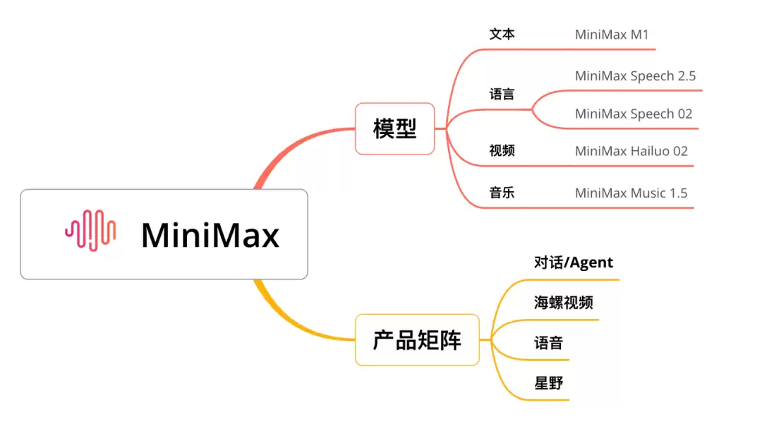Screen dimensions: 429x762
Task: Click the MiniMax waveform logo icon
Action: point(90,231)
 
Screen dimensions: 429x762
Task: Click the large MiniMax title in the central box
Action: point(210,235)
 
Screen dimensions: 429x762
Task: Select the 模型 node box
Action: point(394,128)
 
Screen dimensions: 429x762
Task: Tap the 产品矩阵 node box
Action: point(417,340)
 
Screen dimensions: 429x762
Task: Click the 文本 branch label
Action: point(502,34)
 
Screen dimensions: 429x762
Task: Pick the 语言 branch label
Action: point(502,94)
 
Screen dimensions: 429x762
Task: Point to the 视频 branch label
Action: point(502,150)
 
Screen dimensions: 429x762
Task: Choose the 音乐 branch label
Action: point(502,193)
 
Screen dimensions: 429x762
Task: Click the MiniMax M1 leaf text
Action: point(611,34)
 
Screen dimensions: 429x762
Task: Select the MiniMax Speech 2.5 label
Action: point(635,76)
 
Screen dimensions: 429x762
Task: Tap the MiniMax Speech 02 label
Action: point(634,114)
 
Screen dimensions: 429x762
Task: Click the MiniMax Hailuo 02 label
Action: point(631,151)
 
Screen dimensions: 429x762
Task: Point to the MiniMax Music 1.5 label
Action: point(631,193)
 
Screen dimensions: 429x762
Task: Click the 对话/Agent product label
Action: point(573,263)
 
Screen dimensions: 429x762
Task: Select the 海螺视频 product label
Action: point(563,303)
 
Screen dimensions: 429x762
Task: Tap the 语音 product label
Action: point(548,344)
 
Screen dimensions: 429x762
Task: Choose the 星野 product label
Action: point(548,384)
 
